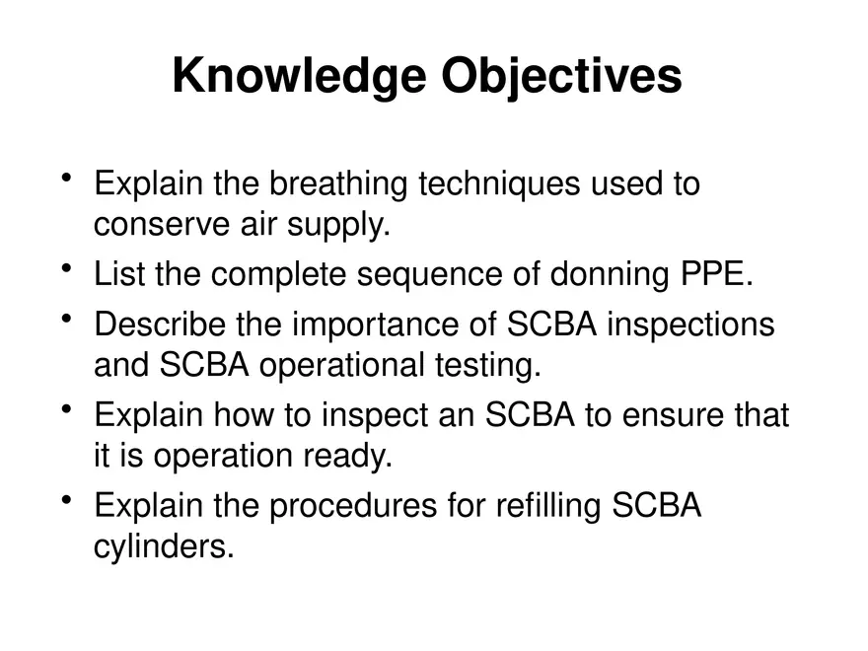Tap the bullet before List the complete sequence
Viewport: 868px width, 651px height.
click(66, 269)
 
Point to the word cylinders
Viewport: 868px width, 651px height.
click(164, 548)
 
